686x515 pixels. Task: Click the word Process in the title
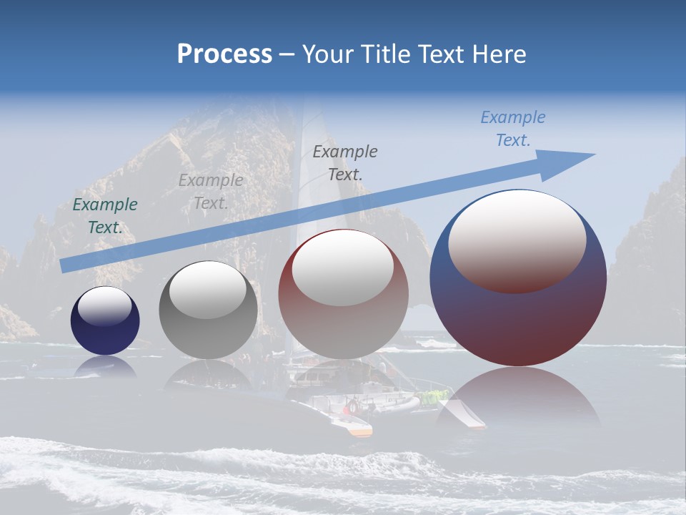tap(224, 54)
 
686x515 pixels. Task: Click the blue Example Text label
tap(512, 129)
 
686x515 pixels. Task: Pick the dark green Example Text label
tap(105, 215)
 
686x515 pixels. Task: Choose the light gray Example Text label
tap(211, 192)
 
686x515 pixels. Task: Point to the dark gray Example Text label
tap(345, 162)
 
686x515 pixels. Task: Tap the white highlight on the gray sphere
tap(208, 289)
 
